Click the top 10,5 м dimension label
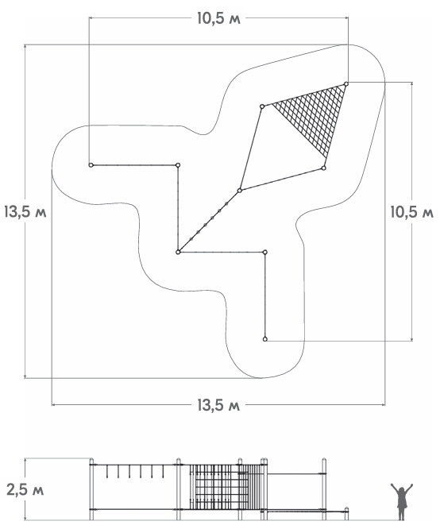click(218, 19)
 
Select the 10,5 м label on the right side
click(412, 212)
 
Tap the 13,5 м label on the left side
click(25, 212)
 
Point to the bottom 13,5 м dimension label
click(218, 405)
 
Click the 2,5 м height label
click(25, 490)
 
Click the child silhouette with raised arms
click(402, 501)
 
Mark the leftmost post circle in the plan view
click(91, 165)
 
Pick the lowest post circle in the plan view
click(265, 339)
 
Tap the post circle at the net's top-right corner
click(346, 83)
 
